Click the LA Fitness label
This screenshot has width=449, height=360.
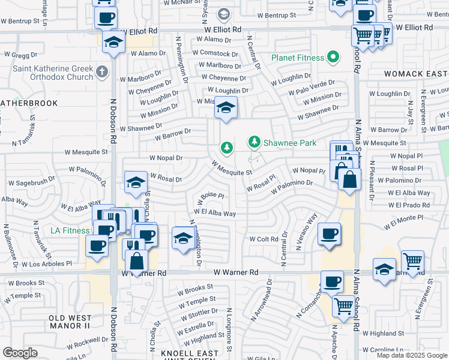point(70,230)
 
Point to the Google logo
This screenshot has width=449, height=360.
point(20,353)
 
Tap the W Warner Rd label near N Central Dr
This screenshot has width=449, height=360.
point(238,272)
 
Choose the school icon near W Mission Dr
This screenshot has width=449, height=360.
point(226,108)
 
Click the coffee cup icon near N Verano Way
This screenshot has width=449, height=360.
point(328,234)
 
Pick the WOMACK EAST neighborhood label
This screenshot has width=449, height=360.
point(412,73)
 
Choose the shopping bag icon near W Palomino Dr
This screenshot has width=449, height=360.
point(349,179)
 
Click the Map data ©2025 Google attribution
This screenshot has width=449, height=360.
point(412,355)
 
